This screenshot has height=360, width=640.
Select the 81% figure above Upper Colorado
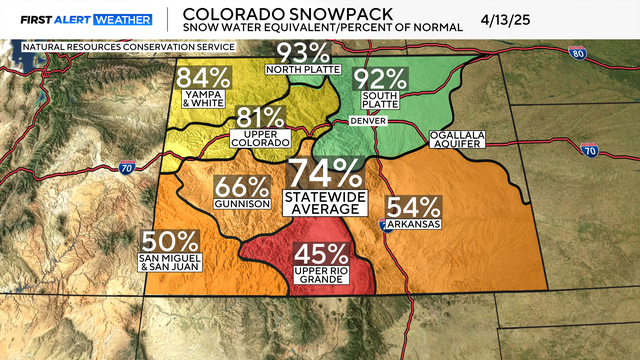coord(259,119)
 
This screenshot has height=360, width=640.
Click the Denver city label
coord(368,121)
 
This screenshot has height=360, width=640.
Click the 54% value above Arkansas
coord(413,208)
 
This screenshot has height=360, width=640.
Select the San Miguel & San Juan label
coord(170,264)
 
